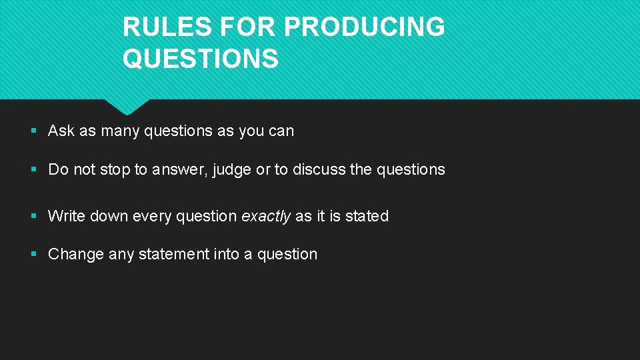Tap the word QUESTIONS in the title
coord(200,59)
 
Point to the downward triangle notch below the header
coord(127,107)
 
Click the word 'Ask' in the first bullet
coord(61,131)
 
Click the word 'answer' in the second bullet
coord(180,170)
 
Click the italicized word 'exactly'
coord(266,217)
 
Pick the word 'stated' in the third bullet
coord(367,216)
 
